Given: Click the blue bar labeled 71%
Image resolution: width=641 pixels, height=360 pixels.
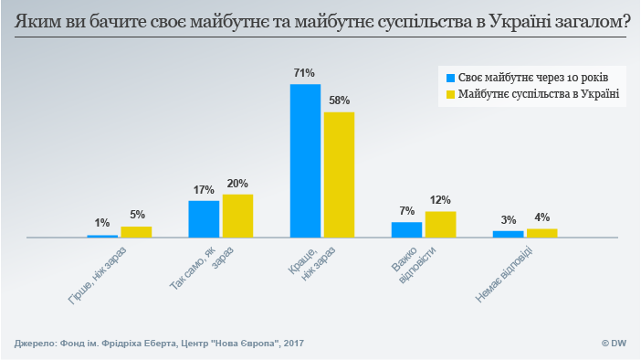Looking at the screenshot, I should tap(305, 161).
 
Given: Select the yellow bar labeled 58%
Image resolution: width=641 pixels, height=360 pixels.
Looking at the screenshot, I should tap(339, 175).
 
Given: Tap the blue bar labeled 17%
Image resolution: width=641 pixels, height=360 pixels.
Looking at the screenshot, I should tap(204, 218).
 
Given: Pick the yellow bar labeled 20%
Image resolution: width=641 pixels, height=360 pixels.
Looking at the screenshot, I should tap(237, 216).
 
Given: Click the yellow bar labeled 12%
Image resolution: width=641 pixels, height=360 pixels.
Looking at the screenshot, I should tap(440, 224).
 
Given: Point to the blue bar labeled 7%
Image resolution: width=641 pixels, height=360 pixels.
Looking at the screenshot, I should tap(406, 229).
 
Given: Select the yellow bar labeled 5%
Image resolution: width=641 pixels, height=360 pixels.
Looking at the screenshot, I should tap(136, 232).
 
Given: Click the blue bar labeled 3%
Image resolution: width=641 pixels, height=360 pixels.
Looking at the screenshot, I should tap(508, 234).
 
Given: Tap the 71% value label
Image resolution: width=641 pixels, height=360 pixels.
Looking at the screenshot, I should tap(304, 72).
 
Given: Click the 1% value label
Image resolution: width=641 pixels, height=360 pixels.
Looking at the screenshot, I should tap(102, 223).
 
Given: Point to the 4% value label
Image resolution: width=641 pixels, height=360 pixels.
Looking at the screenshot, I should tap(541, 217).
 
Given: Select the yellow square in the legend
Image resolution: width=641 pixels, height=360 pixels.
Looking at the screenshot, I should tap(448, 94).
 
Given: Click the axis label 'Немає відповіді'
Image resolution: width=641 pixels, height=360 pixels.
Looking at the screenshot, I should tap(504, 274).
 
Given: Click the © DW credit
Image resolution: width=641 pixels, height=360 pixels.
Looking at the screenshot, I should tap(613, 344).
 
